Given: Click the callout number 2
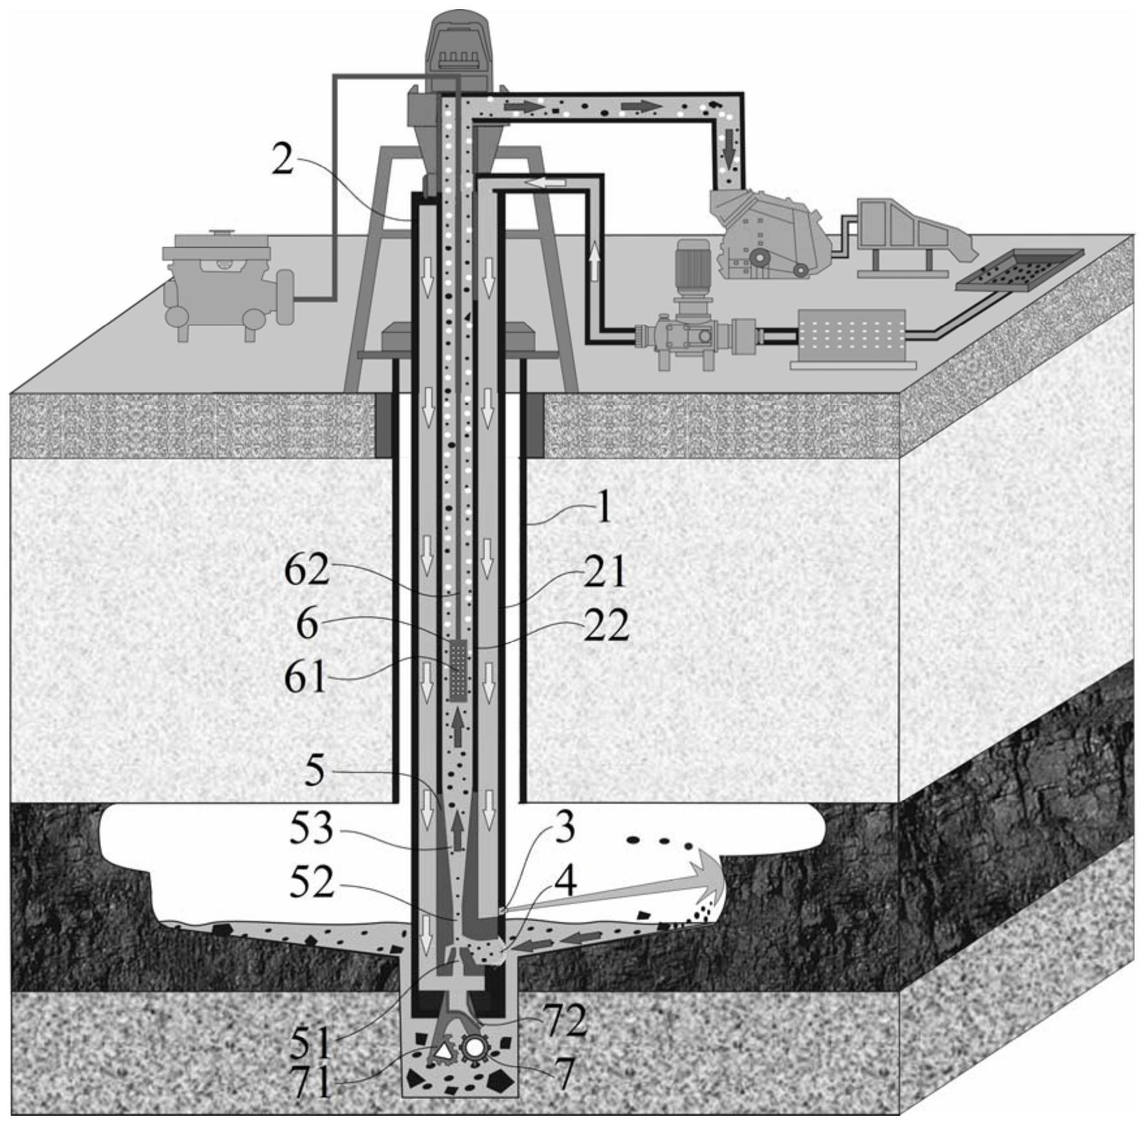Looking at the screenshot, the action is click(x=282, y=160).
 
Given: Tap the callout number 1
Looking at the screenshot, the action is click(x=604, y=508).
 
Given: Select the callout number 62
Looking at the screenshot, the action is click(x=307, y=571).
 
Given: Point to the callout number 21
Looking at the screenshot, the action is click(x=604, y=572).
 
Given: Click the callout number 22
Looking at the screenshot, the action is click(x=606, y=626).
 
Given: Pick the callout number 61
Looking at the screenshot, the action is click(x=305, y=678).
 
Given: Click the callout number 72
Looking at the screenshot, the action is click(x=565, y=1020).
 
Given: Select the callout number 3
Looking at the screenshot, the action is click(x=565, y=827).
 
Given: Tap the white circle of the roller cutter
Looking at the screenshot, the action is click(x=473, y=1048).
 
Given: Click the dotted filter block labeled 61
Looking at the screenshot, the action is click(x=458, y=670).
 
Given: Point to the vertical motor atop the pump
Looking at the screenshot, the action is click(x=691, y=271).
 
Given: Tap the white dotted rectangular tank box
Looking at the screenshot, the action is click(x=852, y=338).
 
